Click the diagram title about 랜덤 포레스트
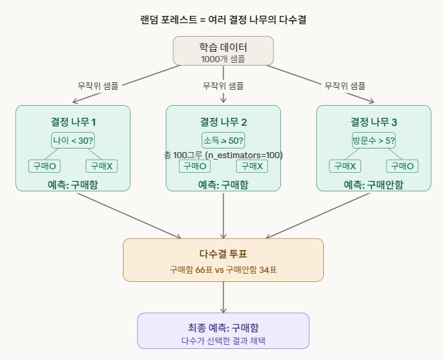click(x=222, y=19)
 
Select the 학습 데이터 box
click(x=223, y=51)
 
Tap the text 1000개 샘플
click(x=223, y=59)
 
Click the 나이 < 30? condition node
click(x=73, y=140)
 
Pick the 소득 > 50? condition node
click(x=224, y=140)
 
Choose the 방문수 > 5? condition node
click(x=374, y=140)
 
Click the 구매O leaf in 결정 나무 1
click(x=44, y=166)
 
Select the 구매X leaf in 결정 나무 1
click(x=102, y=166)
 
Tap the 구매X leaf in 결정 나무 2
click(x=252, y=166)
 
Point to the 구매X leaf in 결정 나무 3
click(x=345, y=166)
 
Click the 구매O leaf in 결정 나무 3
click(x=402, y=166)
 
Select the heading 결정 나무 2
click(x=224, y=122)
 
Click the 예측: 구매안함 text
click(x=374, y=184)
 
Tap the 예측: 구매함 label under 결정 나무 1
click(x=73, y=184)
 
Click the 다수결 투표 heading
click(x=223, y=253)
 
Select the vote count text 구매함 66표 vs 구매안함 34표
click(x=223, y=269)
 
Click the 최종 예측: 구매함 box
click(x=223, y=331)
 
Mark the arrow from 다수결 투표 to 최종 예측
click(x=223, y=297)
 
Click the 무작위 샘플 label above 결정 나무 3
click(x=345, y=86)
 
